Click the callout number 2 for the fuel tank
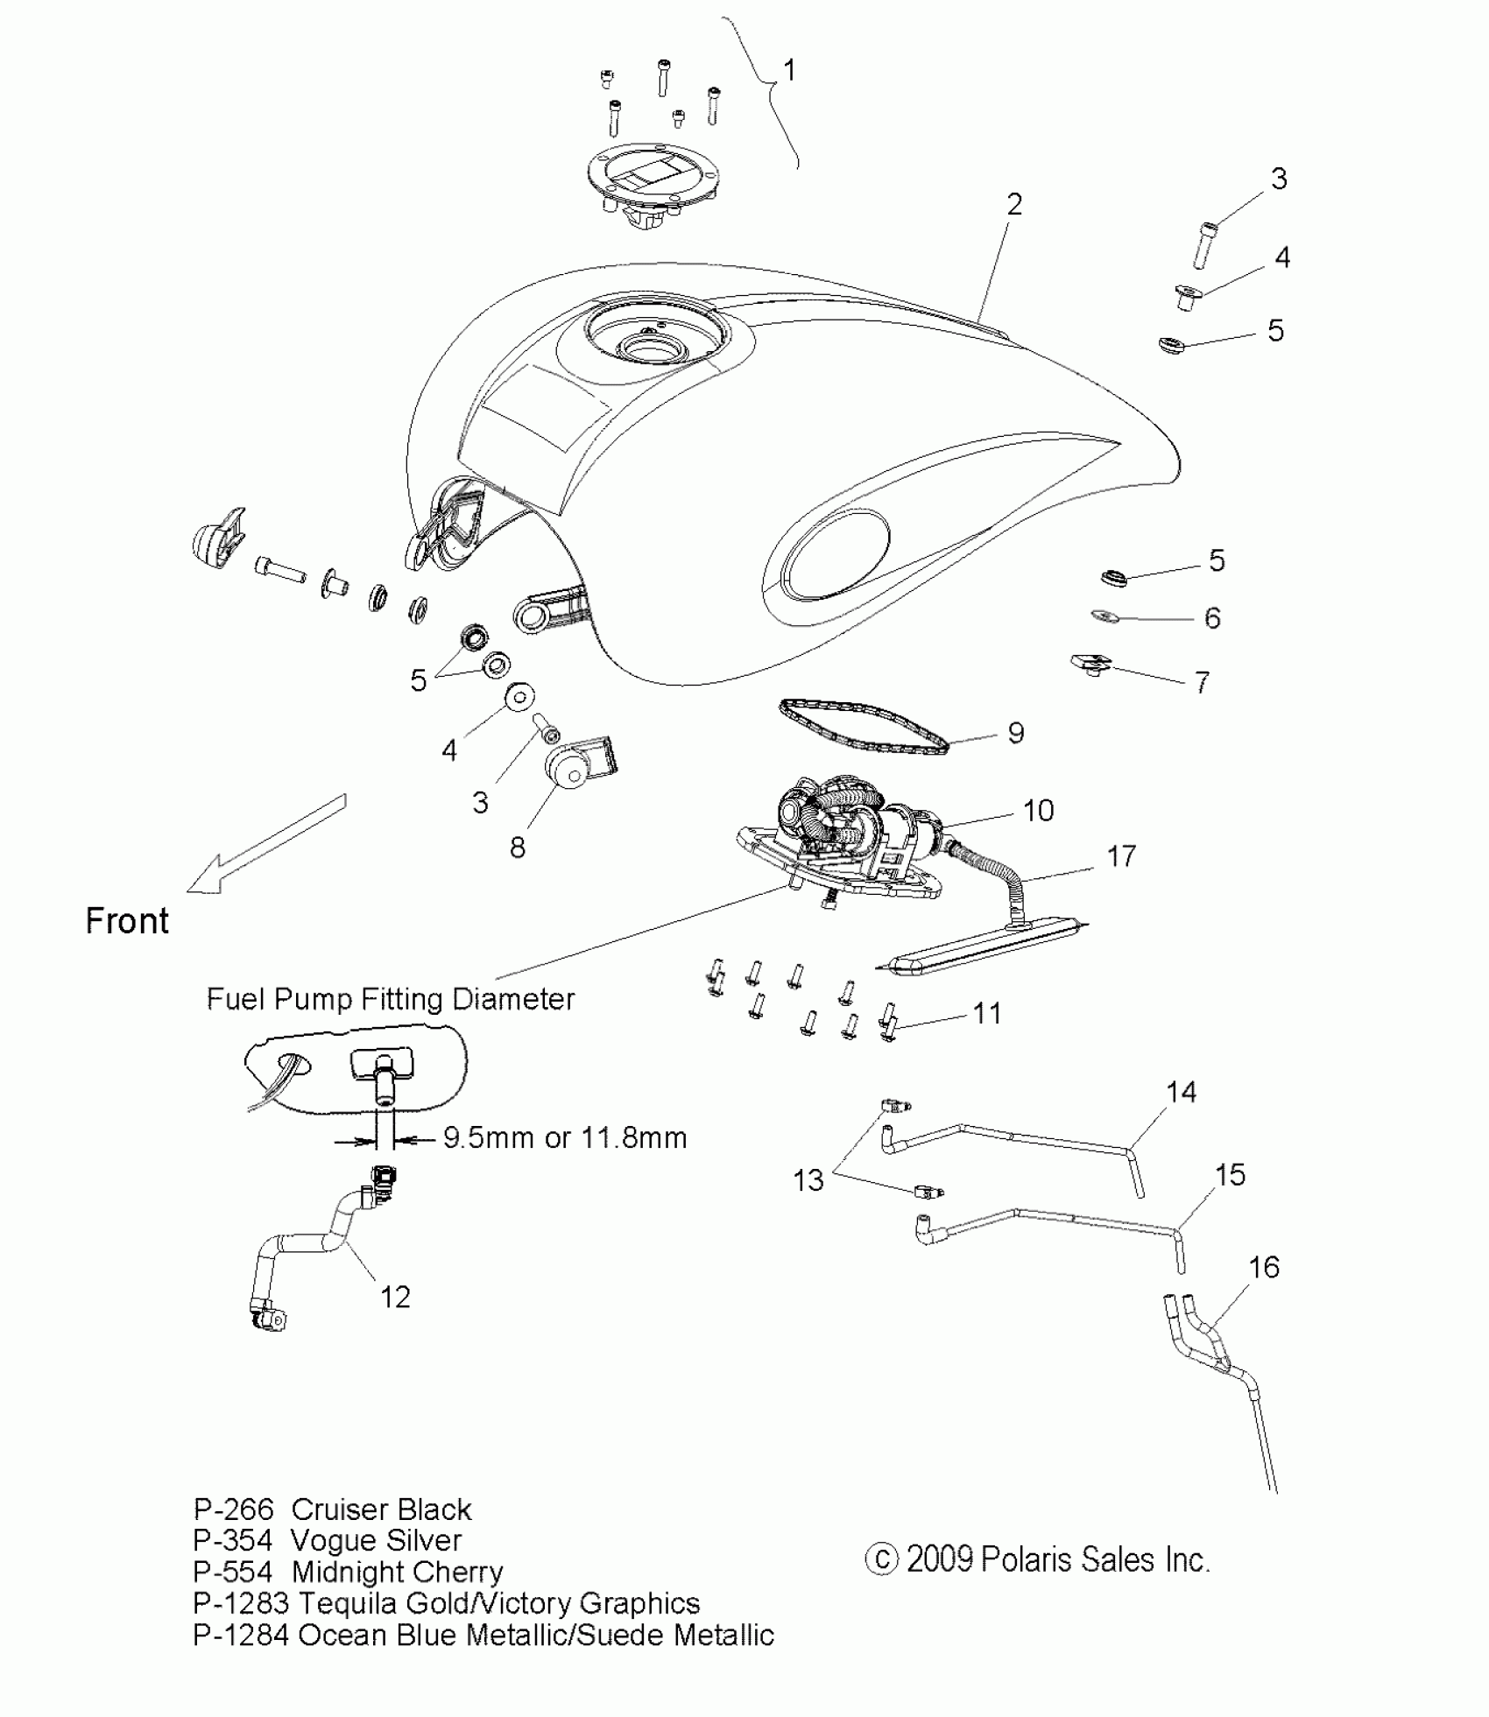click(x=1014, y=205)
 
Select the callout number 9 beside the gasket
click(x=1015, y=732)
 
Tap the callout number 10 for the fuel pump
click(x=1038, y=811)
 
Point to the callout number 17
click(x=1121, y=855)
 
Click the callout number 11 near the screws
click(x=987, y=1013)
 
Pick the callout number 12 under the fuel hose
click(x=395, y=1297)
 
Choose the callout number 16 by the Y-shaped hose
click(x=1264, y=1267)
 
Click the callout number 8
click(x=518, y=847)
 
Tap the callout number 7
click(x=1202, y=682)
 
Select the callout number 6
click(x=1212, y=618)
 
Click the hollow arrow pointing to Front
click(x=263, y=847)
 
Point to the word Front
click(x=127, y=921)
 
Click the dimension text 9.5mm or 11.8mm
click(x=565, y=1137)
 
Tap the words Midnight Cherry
click(x=397, y=1572)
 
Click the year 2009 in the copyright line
click(x=939, y=1559)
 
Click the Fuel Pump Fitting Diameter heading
click(x=391, y=999)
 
